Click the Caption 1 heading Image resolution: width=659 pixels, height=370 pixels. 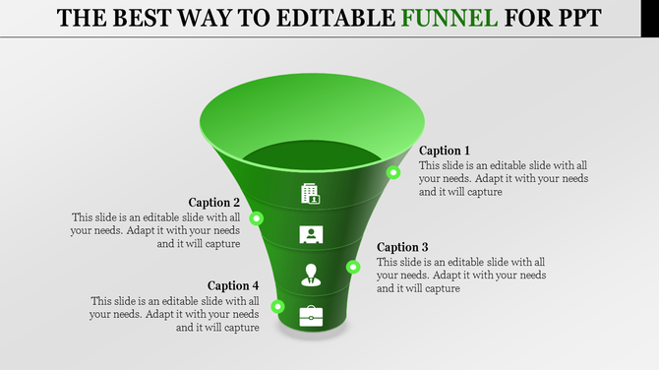(x=445, y=151)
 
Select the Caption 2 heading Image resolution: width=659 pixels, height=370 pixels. (x=214, y=202)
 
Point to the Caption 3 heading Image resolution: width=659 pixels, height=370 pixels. (x=403, y=247)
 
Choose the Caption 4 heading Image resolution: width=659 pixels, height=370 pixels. (x=233, y=285)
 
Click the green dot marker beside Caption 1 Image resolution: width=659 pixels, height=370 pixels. (x=392, y=172)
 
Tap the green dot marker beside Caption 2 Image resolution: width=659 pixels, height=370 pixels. (x=257, y=217)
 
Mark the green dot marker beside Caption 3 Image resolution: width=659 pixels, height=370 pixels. (x=352, y=266)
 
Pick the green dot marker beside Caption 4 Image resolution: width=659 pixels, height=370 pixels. (x=278, y=306)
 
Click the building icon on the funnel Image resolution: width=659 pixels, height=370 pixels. (x=311, y=193)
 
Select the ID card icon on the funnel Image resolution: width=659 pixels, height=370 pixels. (x=311, y=234)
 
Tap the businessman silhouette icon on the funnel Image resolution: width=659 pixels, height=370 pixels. (x=311, y=275)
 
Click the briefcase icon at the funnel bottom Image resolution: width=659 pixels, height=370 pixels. (x=311, y=315)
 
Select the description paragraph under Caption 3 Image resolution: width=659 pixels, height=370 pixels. (x=461, y=276)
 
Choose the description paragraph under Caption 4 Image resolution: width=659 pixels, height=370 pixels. (x=175, y=314)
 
